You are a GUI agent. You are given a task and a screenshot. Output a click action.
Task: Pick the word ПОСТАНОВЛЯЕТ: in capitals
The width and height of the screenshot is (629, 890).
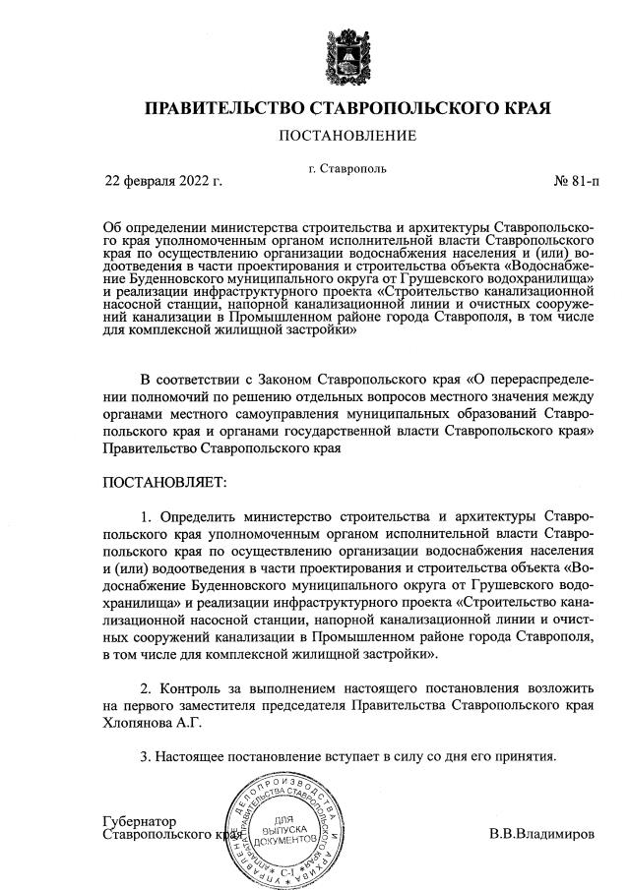(164, 483)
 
